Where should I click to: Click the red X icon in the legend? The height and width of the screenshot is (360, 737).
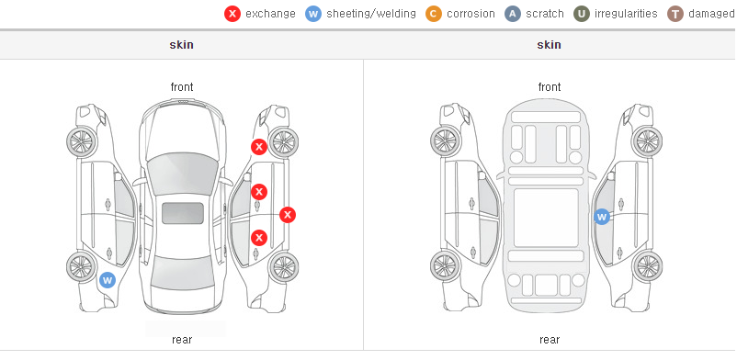click(x=232, y=14)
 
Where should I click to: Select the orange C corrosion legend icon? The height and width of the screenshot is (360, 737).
click(x=434, y=14)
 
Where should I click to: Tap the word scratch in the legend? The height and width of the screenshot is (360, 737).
click(x=545, y=14)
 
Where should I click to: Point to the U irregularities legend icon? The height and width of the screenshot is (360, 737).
click(x=582, y=14)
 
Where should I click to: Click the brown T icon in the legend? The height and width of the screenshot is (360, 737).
click(x=675, y=14)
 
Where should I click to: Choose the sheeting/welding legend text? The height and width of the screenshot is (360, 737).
click(x=371, y=14)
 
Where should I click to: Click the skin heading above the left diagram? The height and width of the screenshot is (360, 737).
click(x=181, y=45)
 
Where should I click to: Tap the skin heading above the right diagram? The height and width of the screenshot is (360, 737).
click(x=549, y=45)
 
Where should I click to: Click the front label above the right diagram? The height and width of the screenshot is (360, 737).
click(x=550, y=87)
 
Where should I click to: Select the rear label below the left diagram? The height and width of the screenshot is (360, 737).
click(x=182, y=340)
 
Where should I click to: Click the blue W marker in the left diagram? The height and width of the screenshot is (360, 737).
click(x=108, y=281)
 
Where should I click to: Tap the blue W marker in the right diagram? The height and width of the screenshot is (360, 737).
click(x=602, y=217)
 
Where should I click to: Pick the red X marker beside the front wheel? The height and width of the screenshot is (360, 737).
click(x=259, y=147)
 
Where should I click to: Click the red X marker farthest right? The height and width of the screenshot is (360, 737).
click(x=288, y=215)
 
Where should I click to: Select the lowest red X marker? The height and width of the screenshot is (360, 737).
click(x=259, y=238)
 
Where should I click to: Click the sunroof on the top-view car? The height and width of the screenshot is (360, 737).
click(x=183, y=213)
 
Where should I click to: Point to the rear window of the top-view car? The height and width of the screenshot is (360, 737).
click(x=182, y=274)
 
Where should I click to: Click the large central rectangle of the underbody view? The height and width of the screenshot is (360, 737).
click(x=546, y=218)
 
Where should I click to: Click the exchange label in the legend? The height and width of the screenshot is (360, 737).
click(x=270, y=14)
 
